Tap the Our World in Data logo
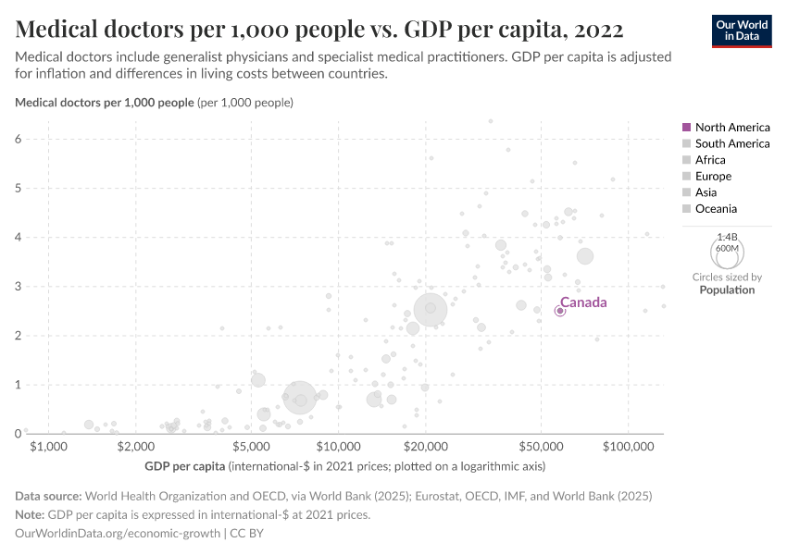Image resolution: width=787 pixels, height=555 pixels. [741, 30]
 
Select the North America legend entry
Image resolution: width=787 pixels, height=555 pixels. [731, 127]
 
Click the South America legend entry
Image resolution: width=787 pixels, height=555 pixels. [731, 143]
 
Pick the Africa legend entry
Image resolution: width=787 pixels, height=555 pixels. [710, 160]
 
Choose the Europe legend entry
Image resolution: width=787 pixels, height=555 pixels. [713, 176]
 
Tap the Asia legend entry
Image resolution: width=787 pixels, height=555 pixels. [706, 192]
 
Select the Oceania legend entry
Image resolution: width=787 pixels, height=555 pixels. [716, 209]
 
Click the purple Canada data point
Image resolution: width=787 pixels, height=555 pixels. [559, 311]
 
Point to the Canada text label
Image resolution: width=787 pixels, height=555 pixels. [583, 302]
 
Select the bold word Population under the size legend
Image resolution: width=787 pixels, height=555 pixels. [727, 290]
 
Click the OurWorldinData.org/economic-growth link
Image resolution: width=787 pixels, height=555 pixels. [118, 533]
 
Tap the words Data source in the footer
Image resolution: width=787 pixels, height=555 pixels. [48, 497]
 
